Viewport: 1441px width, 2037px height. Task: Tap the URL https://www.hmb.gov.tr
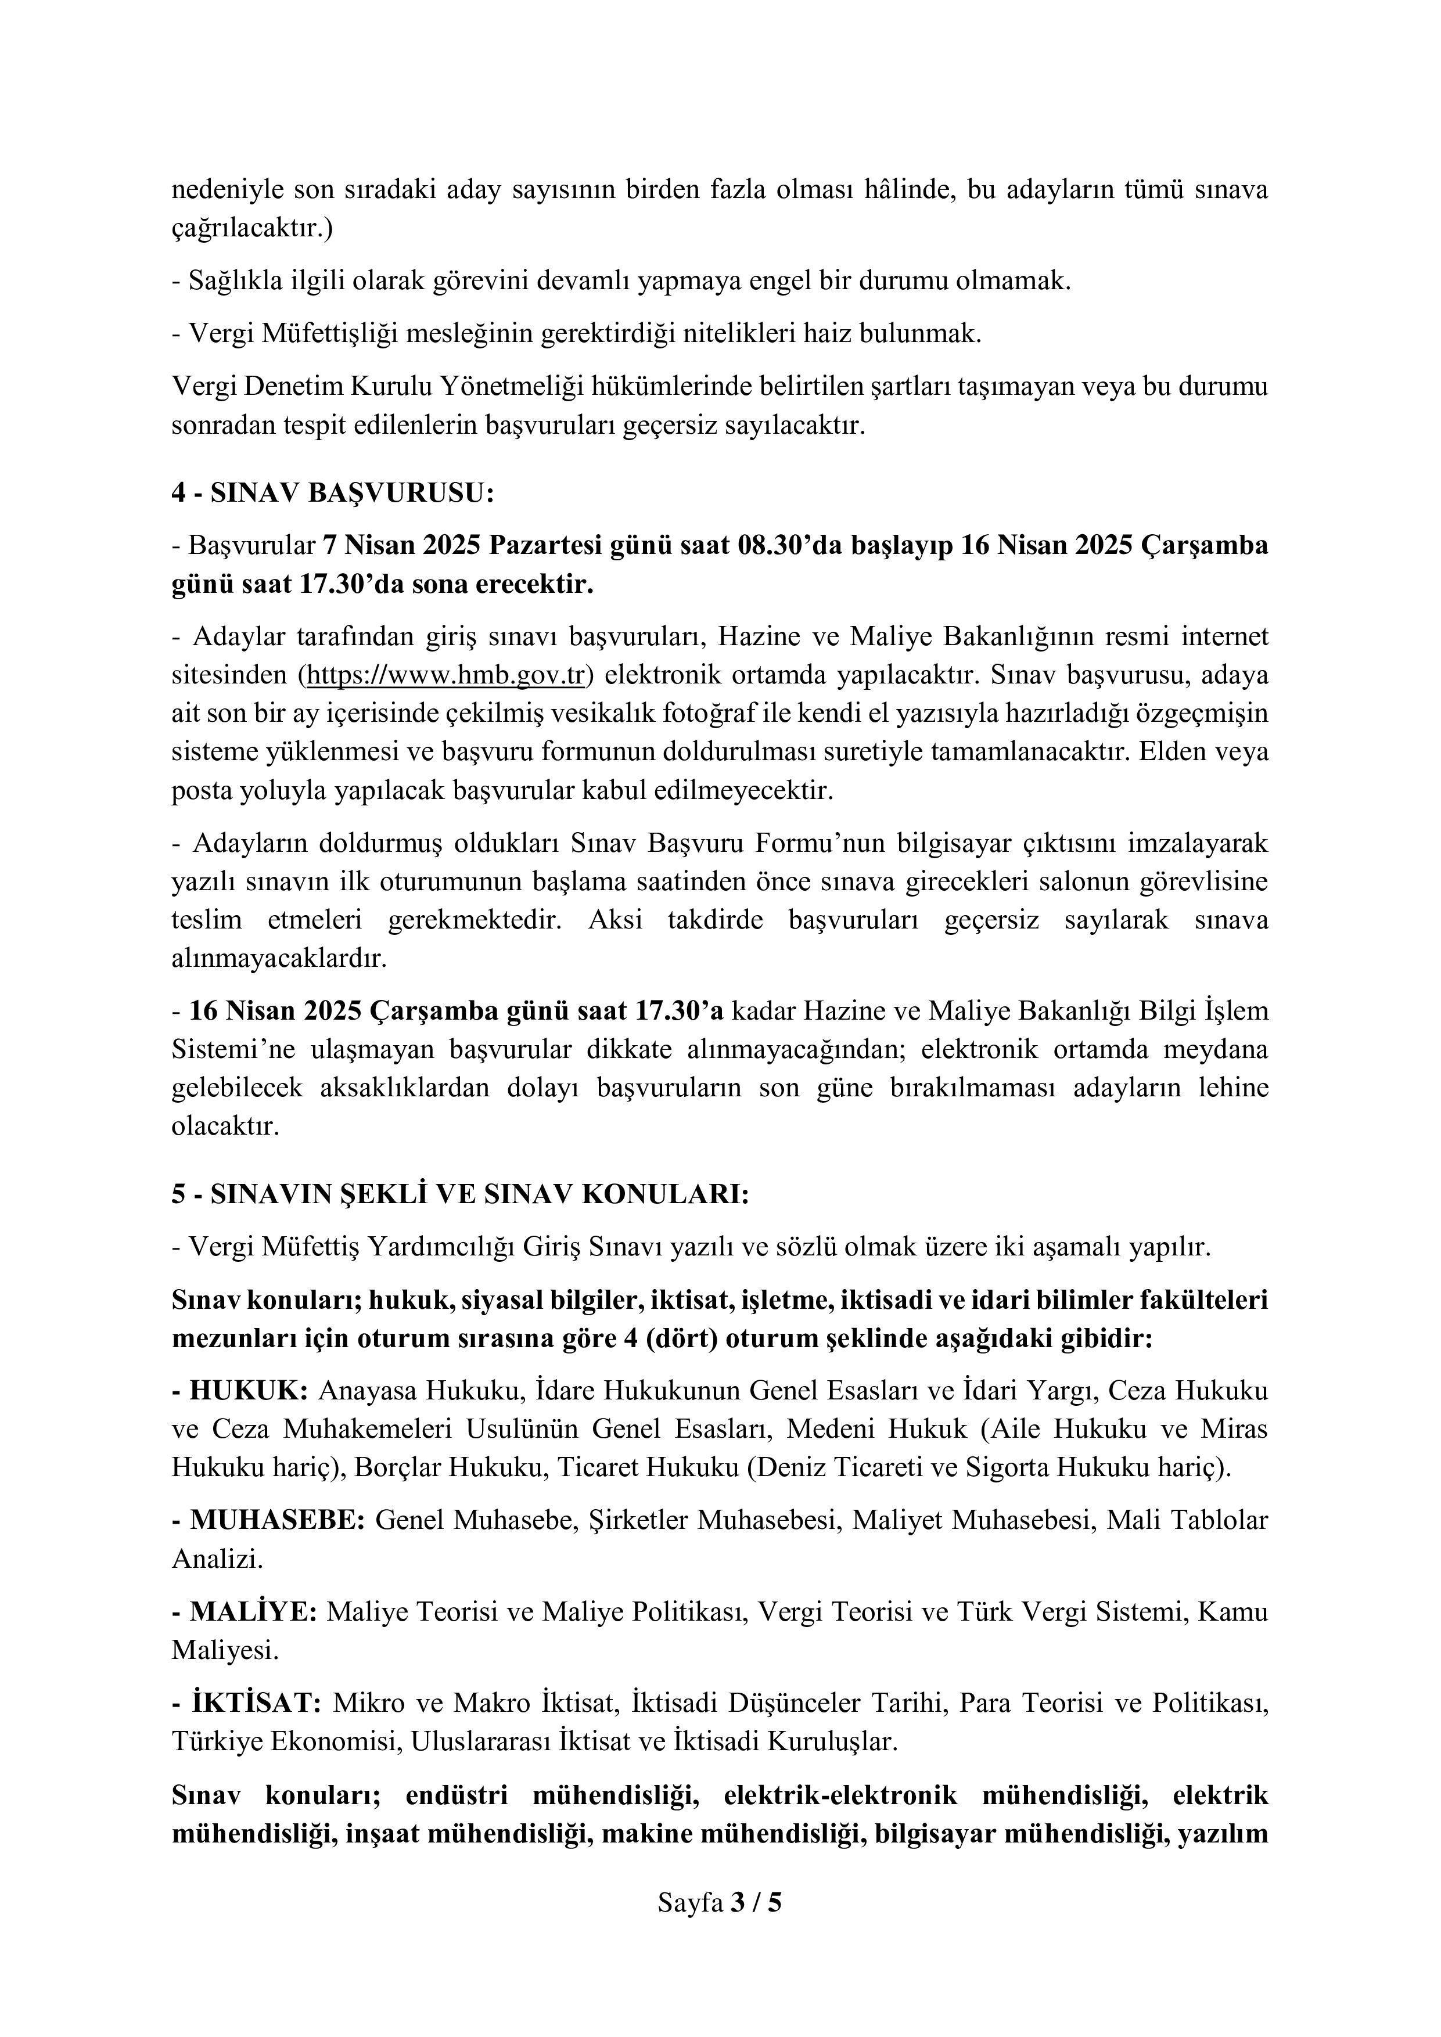(444, 675)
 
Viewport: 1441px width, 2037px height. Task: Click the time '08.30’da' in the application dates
(789, 545)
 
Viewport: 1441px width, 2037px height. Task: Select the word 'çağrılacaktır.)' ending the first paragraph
(252, 228)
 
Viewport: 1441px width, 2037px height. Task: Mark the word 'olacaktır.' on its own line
(225, 1127)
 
